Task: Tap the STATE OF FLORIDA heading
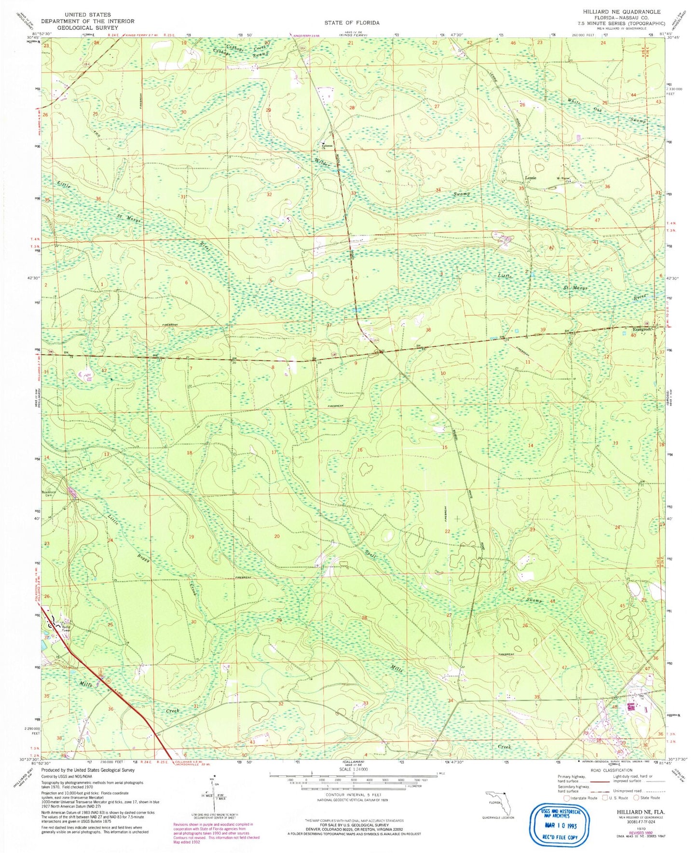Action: point(352,23)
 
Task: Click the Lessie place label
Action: point(531,178)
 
